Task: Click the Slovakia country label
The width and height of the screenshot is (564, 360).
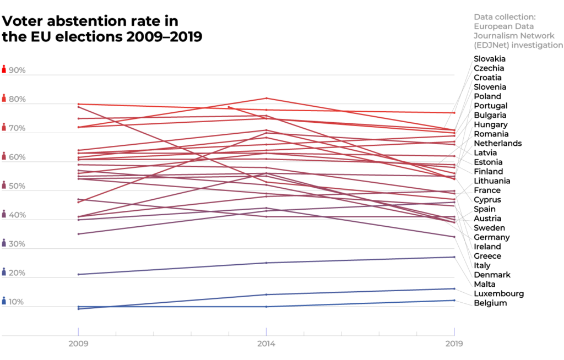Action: (x=490, y=59)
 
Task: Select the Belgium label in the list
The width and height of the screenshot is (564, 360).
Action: (x=490, y=303)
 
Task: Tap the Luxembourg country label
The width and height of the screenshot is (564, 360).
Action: (x=498, y=293)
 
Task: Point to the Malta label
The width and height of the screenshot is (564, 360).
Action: (x=485, y=284)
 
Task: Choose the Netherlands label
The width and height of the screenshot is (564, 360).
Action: (x=497, y=143)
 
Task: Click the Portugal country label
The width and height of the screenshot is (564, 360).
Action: (x=490, y=106)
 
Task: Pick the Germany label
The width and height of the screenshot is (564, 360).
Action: (x=491, y=237)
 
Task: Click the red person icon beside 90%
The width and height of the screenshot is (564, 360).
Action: (x=4, y=69)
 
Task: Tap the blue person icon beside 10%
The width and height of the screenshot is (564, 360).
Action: (x=4, y=301)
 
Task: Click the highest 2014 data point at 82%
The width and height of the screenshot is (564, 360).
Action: (x=267, y=98)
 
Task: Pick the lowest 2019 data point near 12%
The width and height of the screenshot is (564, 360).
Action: (x=454, y=300)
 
